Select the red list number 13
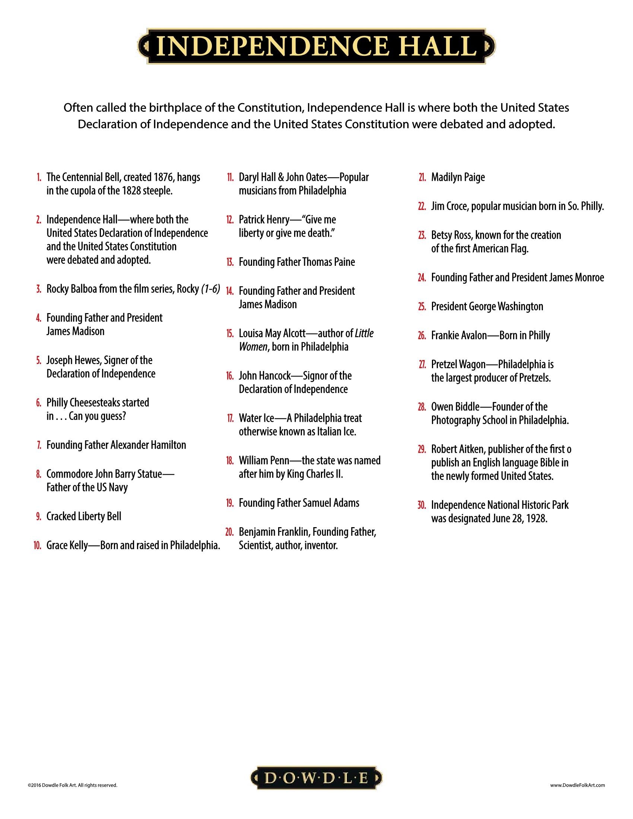coord(230,262)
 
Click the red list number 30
coord(422,505)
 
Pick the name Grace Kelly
coord(67,545)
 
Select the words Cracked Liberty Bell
coord(84,516)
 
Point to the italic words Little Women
coord(306,340)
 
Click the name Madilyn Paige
coord(458,177)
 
